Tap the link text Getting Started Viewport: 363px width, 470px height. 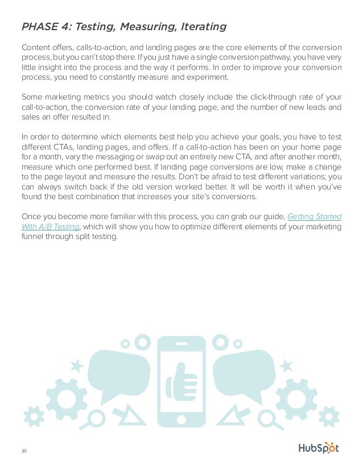click(315, 216)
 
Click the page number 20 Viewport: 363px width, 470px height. click(24, 451)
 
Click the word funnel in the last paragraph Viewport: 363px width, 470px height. click(31, 237)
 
